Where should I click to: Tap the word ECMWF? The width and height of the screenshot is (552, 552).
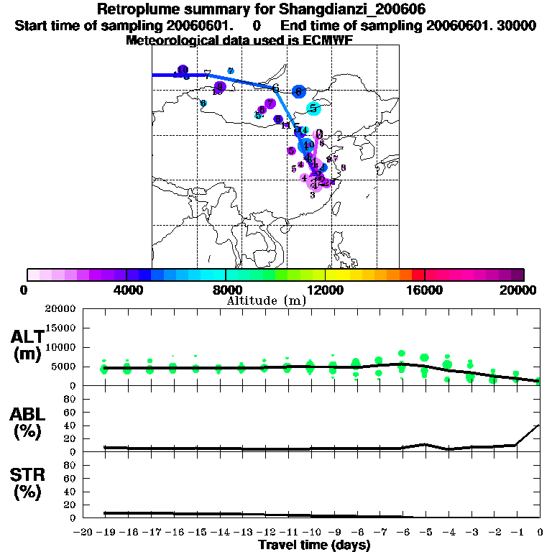(331, 40)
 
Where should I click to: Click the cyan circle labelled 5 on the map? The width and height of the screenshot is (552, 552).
(313, 109)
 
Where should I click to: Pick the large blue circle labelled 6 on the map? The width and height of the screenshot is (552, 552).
(299, 92)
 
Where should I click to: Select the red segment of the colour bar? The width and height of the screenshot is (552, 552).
(418, 275)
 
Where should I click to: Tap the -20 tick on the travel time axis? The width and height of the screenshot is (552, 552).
(83, 532)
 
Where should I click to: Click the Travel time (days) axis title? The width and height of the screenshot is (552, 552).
(314, 546)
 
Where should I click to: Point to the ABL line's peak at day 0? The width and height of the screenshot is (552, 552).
(538, 425)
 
